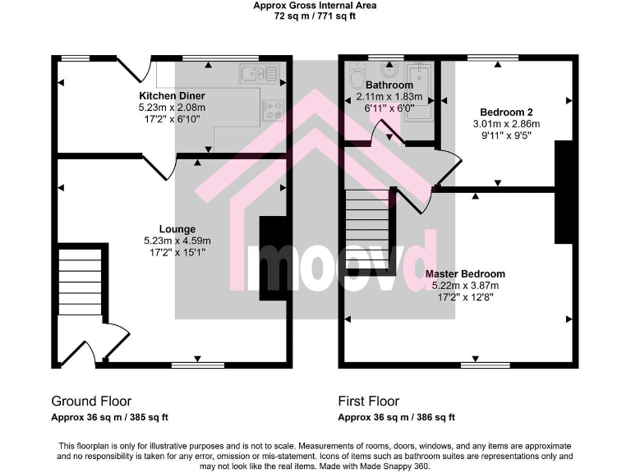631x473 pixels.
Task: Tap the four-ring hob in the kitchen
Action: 273,110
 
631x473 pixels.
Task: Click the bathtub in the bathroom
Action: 418,91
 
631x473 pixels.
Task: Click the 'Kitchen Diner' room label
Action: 172,96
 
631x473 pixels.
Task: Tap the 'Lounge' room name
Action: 177,229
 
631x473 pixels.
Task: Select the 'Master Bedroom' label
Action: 465,273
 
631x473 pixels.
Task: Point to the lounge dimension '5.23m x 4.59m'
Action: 177,241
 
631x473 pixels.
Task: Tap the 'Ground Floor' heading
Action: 91,402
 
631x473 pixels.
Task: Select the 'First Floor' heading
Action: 369,402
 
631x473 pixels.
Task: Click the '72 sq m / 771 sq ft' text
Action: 315,16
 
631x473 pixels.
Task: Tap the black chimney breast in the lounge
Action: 272,259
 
